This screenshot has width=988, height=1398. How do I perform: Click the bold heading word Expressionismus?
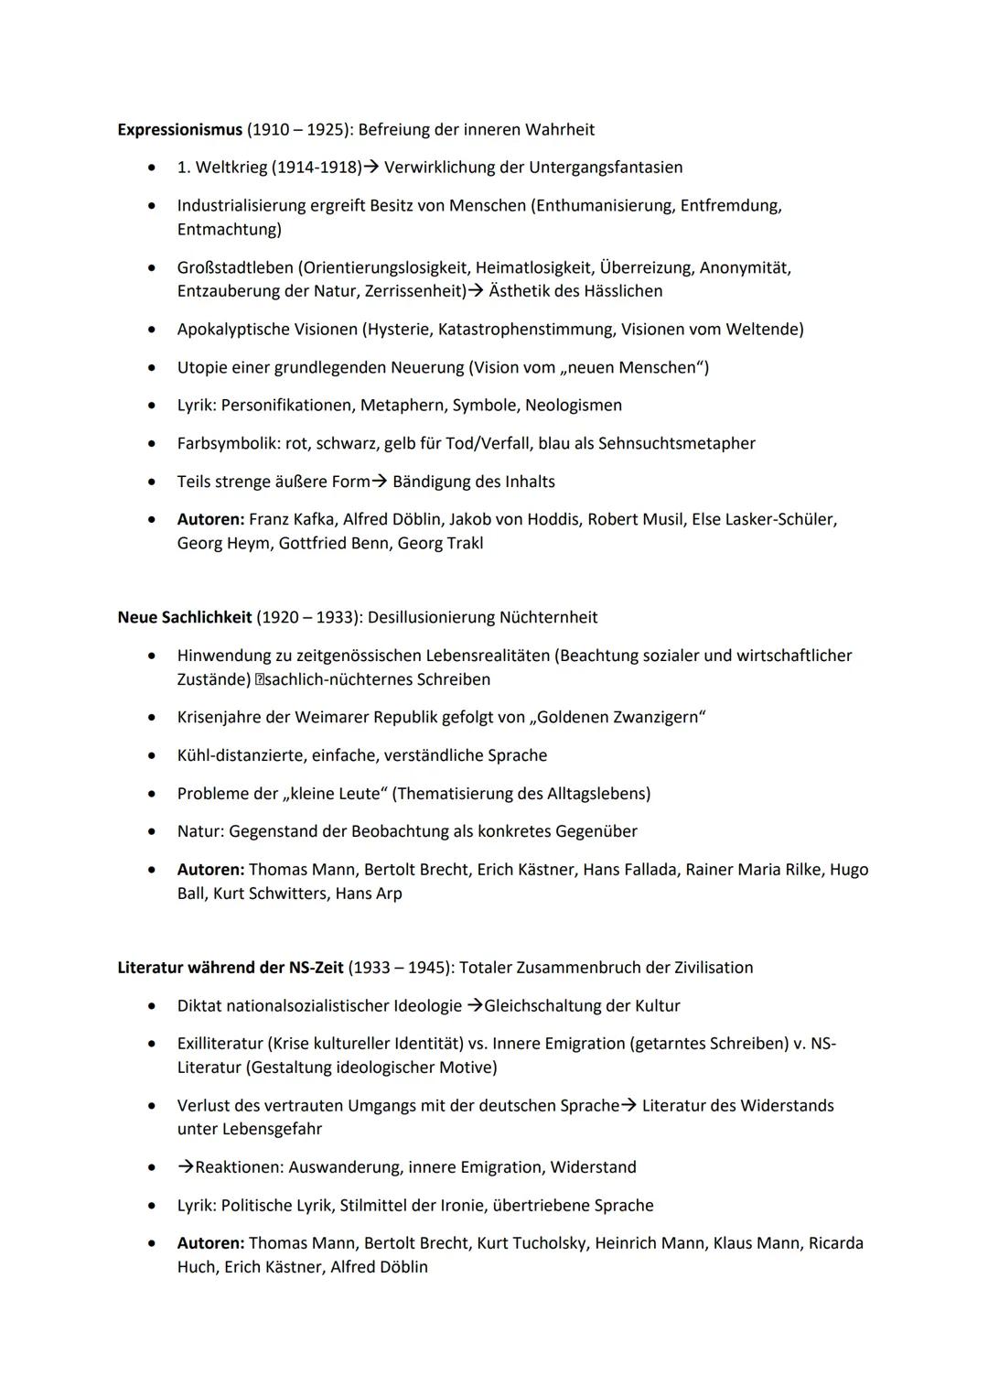tap(179, 130)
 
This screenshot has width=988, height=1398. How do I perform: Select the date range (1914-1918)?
tap(317, 168)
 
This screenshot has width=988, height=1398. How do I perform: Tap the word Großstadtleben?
tap(235, 268)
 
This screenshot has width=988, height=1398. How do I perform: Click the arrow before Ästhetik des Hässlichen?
tap(476, 291)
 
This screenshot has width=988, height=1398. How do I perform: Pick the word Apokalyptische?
tap(232, 330)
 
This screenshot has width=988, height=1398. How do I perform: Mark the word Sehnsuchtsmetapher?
tap(676, 444)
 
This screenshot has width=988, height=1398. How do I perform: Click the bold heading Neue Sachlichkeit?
tap(184, 618)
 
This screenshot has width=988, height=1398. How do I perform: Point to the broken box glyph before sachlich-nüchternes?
tap(259, 680)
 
